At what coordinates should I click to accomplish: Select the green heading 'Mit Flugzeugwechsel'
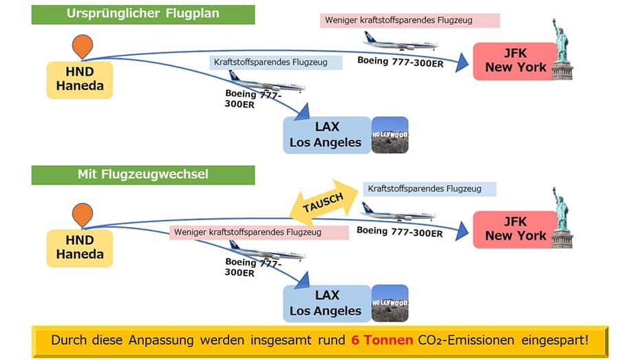coord(143,175)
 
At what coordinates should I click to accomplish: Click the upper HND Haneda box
coord(80,80)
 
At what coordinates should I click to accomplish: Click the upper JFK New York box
coord(515,61)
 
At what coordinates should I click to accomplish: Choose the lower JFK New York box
coord(515,229)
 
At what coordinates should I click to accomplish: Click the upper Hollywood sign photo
coord(390,135)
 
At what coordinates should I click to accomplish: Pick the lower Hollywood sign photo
coord(390,304)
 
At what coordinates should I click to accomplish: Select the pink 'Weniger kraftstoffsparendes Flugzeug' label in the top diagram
coord(409,20)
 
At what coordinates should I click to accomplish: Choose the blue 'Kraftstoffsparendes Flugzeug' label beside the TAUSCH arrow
coord(429,188)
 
